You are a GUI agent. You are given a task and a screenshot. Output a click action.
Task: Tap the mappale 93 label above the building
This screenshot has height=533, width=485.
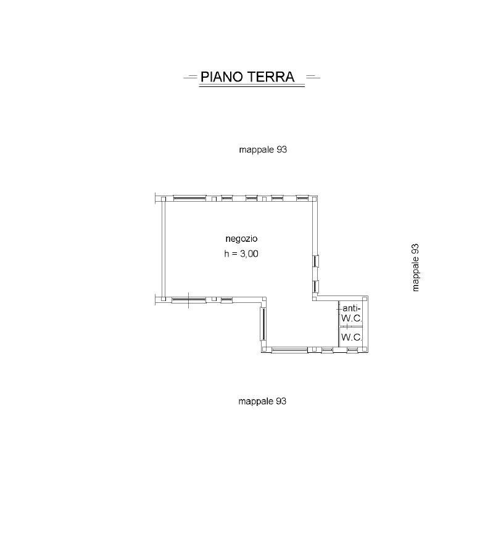click(x=263, y=149)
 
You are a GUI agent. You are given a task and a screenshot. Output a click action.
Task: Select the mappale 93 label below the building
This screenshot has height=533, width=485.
click(x=263, y=401)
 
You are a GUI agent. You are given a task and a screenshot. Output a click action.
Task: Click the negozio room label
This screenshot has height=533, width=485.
click(x=241, y=238)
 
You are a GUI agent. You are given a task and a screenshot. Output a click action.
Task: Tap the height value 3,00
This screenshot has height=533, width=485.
click(x=249, y=254)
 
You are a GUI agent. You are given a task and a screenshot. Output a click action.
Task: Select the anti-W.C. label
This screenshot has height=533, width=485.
click(x=351, y=313)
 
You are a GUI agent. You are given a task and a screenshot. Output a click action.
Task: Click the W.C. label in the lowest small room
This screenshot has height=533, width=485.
click(x=351, y=337)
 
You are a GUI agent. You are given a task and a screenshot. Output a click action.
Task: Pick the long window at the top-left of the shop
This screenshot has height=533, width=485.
click(x=189, y=198)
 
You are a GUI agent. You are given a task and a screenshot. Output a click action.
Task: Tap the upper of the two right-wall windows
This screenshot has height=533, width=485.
click(x=315, y=260)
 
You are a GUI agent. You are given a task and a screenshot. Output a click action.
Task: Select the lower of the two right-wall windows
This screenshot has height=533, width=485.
click(x=315, y=286)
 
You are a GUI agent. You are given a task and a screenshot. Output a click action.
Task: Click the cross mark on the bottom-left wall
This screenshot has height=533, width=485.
click(x=188, y=300)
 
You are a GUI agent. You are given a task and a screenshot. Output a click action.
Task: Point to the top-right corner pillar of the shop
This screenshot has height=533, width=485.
click(x=315, y=198)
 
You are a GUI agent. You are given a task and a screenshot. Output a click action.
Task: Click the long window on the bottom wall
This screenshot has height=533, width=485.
click(x=289, y=350)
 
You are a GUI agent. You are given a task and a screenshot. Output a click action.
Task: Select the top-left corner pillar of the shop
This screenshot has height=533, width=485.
click(x=164, y=198)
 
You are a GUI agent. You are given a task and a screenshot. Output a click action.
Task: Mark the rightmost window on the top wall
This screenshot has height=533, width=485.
click(x=302, y=198)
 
